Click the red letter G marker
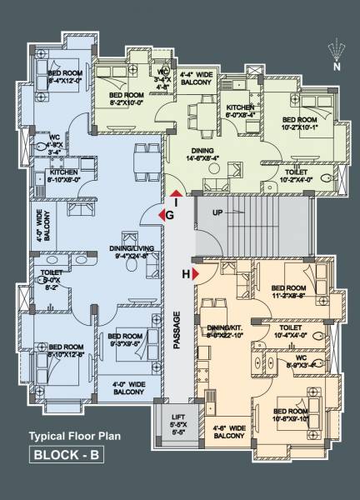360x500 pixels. (169, 214)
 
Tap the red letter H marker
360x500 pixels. (186, 272)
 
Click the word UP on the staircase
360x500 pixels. (218, 213)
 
